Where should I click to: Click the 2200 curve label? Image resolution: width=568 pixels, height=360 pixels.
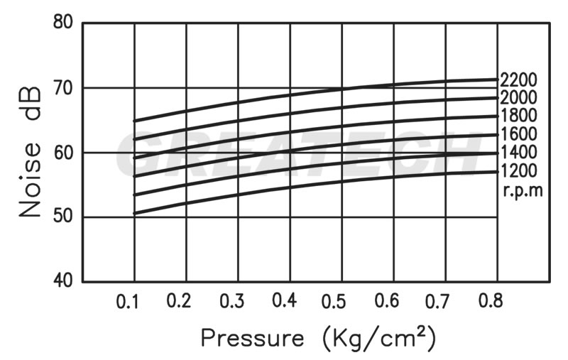pos(518,79)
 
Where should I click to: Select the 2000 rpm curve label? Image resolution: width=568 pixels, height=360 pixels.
pos(518,97)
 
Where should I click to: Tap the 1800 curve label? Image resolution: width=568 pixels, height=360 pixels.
pos(518,116)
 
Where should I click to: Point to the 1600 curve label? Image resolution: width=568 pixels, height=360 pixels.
pos(518,134)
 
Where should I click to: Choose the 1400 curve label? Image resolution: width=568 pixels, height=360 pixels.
pos(518,152)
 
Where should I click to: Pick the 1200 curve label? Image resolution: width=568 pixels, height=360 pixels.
pos(518,170)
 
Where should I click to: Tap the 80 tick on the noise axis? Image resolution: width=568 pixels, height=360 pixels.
pos(63,22)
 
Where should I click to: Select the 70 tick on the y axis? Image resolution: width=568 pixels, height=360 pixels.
pos(63,87)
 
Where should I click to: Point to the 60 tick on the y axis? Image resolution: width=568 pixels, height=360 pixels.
pos(63,153)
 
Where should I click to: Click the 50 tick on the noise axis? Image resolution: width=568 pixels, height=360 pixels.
pos(63,217)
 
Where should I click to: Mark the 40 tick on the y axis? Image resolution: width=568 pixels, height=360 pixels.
pos(63,281)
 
